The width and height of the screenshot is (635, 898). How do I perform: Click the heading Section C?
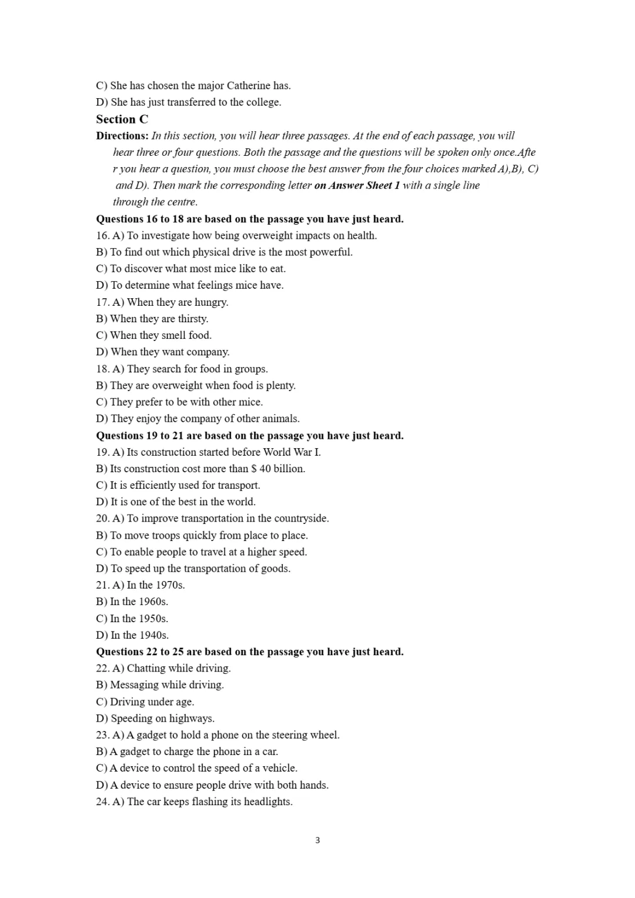tap(122, 119)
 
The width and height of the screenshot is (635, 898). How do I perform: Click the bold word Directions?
tap(122, 136)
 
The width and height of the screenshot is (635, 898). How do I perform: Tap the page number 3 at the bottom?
tap(317, 840)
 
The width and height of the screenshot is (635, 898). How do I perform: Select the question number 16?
tap(102, 236)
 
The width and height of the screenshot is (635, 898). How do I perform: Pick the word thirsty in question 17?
tap(193, 319)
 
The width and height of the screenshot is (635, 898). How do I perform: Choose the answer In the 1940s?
tap(139, 635)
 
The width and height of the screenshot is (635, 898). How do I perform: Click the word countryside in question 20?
tap(301, 519)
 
